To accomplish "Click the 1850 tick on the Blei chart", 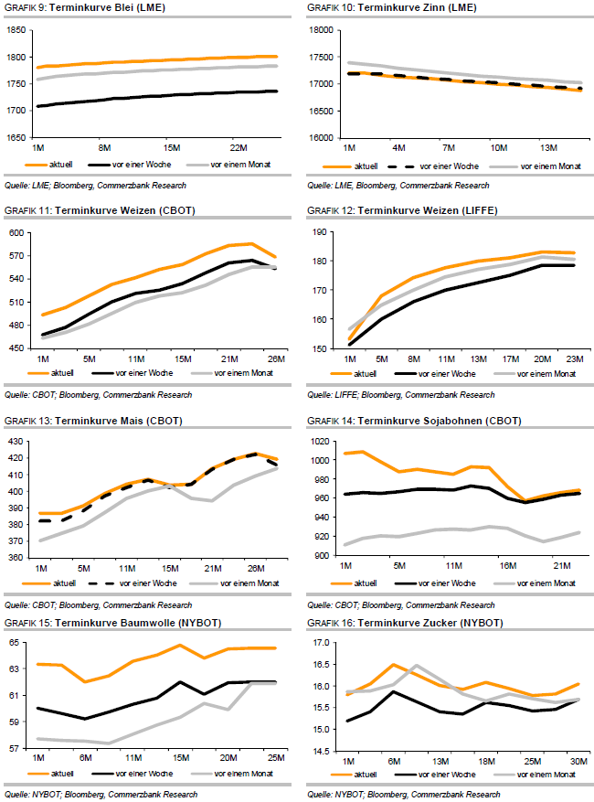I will pos(16,30).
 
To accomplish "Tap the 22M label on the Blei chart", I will pos(239,147).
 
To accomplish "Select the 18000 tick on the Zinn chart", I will pos(321,30).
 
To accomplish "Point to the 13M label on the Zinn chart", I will pos(549,147).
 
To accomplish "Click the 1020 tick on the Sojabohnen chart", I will pos(323,442).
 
